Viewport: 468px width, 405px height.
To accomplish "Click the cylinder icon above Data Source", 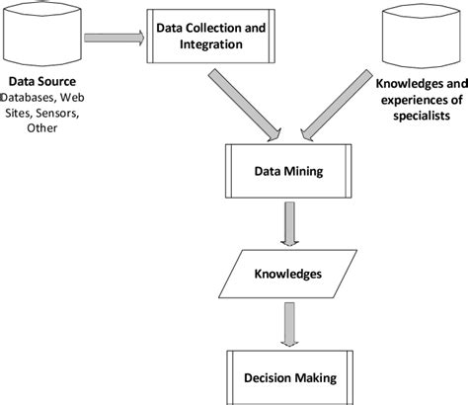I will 42,39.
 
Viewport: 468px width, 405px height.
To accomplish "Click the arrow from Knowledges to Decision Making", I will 288,325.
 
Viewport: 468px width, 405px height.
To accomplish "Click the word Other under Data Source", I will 42,129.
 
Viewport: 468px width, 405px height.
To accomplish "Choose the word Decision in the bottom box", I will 268,376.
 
